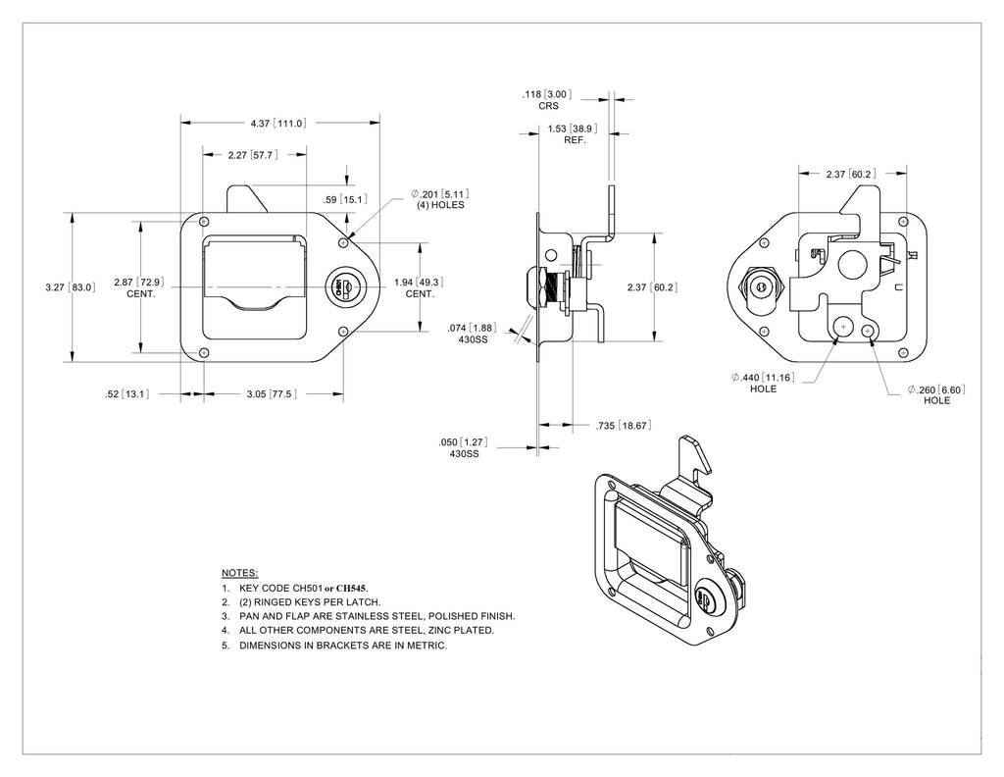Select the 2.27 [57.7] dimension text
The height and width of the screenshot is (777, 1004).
253,155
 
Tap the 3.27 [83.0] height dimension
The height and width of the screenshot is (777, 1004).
71,287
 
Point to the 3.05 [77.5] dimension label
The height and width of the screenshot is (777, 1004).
272,394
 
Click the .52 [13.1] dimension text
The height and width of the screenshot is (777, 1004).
126,394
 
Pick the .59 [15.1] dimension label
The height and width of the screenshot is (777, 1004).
345,200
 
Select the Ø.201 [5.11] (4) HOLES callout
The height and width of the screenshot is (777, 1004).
440,199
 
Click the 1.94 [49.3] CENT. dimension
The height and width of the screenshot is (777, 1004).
419,287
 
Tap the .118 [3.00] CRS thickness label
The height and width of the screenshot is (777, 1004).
547,100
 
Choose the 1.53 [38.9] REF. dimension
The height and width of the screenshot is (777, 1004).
573,133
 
